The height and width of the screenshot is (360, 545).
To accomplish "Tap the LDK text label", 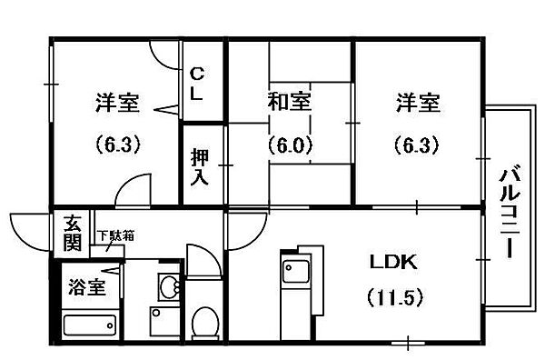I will pos(392,264).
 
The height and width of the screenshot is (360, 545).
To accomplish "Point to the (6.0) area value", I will pos(290,144).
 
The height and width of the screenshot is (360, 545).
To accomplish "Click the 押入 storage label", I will pos(199,165).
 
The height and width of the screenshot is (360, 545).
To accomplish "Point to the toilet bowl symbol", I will pos(205,323).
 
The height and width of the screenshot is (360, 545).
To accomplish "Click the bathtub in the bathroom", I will pos(90,325).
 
